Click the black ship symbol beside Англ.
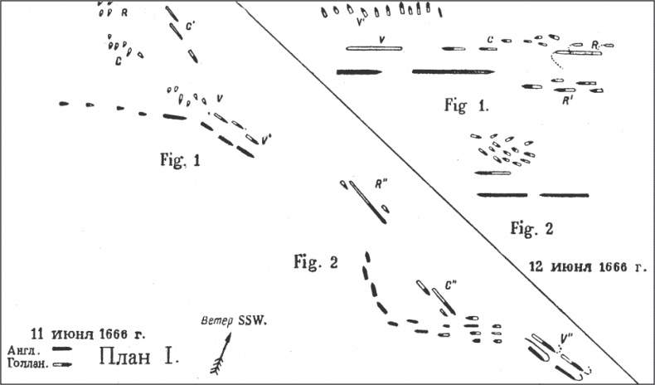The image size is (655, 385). pyautogui.click(x=61, y=349)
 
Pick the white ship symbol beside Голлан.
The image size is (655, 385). pyautogui.click(x=61, y=363)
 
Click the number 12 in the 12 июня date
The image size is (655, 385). pyautogui.click(x=537, y=267)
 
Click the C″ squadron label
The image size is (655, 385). pyautogui.click(x=451, y=285)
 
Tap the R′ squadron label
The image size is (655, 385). pyautogui.click(x=569, y=100)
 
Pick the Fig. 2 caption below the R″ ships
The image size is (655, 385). pyautogui.click(x=316, y=263)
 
